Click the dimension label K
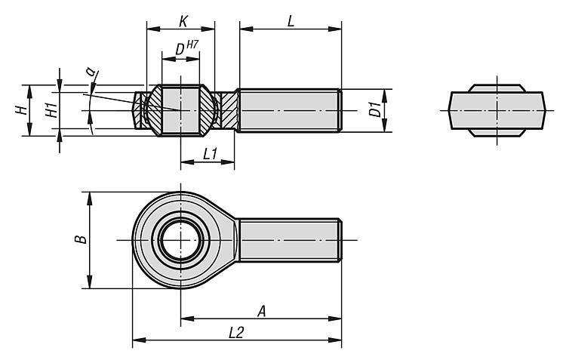tap(183, 21)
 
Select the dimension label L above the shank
tap(291, 21)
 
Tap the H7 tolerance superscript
tap(192, 45)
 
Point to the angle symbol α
tap(91, 71)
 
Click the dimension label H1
tap(52, 110)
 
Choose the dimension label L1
tap(210, 154)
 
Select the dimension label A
tap(262, 311)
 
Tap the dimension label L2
tap(236, 333)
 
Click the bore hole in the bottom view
tap(180, 240)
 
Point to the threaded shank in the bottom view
tap(290, 240)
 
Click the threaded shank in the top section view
tap(290, 110)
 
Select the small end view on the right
tap(497, 110)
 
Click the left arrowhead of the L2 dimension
tap(139, 340)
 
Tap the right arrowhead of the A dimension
tap(335, 318)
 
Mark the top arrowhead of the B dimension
tap(90, 198)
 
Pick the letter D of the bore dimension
tap(180, 50)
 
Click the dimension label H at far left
tap(23, 110)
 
